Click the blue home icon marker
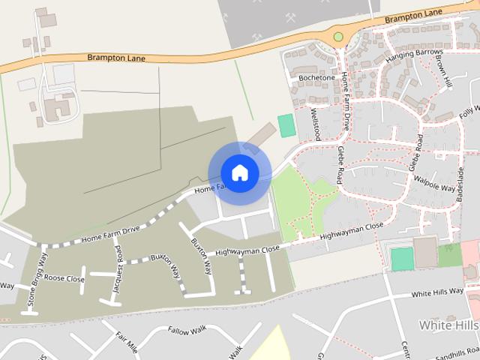239,173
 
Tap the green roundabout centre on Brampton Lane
338,36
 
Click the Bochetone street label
316,77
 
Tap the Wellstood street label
316,124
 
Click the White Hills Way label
437,292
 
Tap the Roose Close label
64,278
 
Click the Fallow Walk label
187,330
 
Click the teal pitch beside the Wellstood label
286,125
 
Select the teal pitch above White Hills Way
402,259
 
